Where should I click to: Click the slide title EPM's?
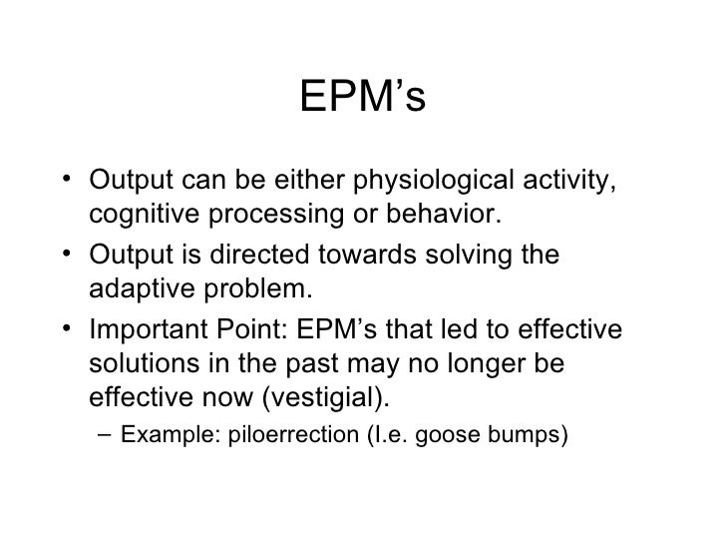[363, 98]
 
